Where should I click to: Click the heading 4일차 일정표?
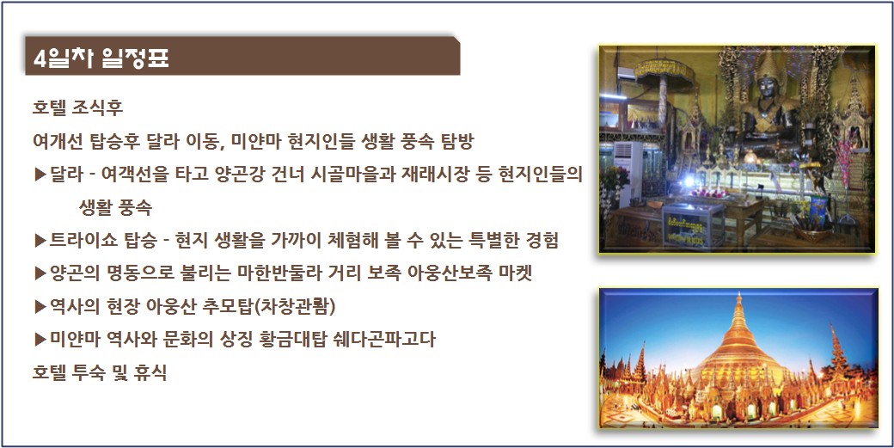pos(101,58)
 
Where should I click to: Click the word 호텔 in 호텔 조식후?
pos(48,107)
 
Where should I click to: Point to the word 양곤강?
pos(275,174)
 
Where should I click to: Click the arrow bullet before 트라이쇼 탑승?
pos(40,241)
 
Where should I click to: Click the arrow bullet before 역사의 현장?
pos(40,307)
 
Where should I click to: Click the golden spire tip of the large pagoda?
pos(738,296)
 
